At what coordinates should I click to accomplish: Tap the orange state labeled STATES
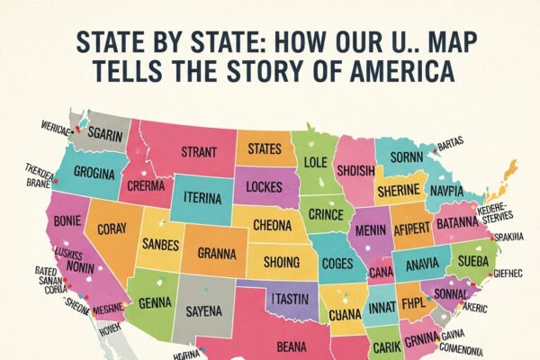tap(265, 147)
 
